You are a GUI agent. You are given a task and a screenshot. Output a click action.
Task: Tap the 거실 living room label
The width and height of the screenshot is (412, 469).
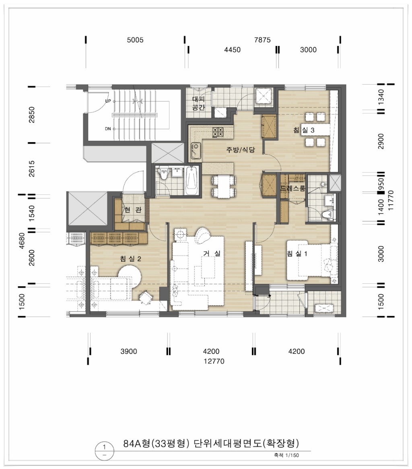[x=212, y=253]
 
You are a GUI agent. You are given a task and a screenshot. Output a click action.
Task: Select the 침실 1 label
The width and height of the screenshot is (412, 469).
[x=297, y=254]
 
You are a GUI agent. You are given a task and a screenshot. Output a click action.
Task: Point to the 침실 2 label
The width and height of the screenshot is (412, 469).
[x=130, y=259]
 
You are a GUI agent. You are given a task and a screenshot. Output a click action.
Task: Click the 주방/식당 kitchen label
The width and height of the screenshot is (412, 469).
[x=241, y=150]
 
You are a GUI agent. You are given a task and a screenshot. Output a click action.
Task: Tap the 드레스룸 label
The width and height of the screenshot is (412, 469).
[x=293, y=188]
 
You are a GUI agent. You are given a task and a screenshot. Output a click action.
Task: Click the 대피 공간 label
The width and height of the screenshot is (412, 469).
[x=198, y=103]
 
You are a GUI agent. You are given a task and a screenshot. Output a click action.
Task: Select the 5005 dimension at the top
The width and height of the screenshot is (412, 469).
[x=135, y=40]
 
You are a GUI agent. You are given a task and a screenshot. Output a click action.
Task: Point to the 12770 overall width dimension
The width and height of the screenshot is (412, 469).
[x=214, y=361]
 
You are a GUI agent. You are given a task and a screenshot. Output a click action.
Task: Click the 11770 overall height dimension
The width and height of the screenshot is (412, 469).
[x=391, y=200]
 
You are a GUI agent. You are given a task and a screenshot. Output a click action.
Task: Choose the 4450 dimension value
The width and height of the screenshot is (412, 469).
[x=232, y=50]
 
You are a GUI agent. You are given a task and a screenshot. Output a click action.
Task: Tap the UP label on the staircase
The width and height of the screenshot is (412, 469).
[x=108, y=101]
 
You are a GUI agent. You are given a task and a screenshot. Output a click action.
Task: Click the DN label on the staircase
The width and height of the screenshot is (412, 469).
[x=108, y=129]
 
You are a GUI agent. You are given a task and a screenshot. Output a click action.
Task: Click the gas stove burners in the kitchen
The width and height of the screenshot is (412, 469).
[x=218, y=132]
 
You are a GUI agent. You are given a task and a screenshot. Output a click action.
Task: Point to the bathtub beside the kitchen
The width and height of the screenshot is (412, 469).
[x=192, y=181]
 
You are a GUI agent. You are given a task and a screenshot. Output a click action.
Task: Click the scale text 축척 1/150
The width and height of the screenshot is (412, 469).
[x=286, y=455]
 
